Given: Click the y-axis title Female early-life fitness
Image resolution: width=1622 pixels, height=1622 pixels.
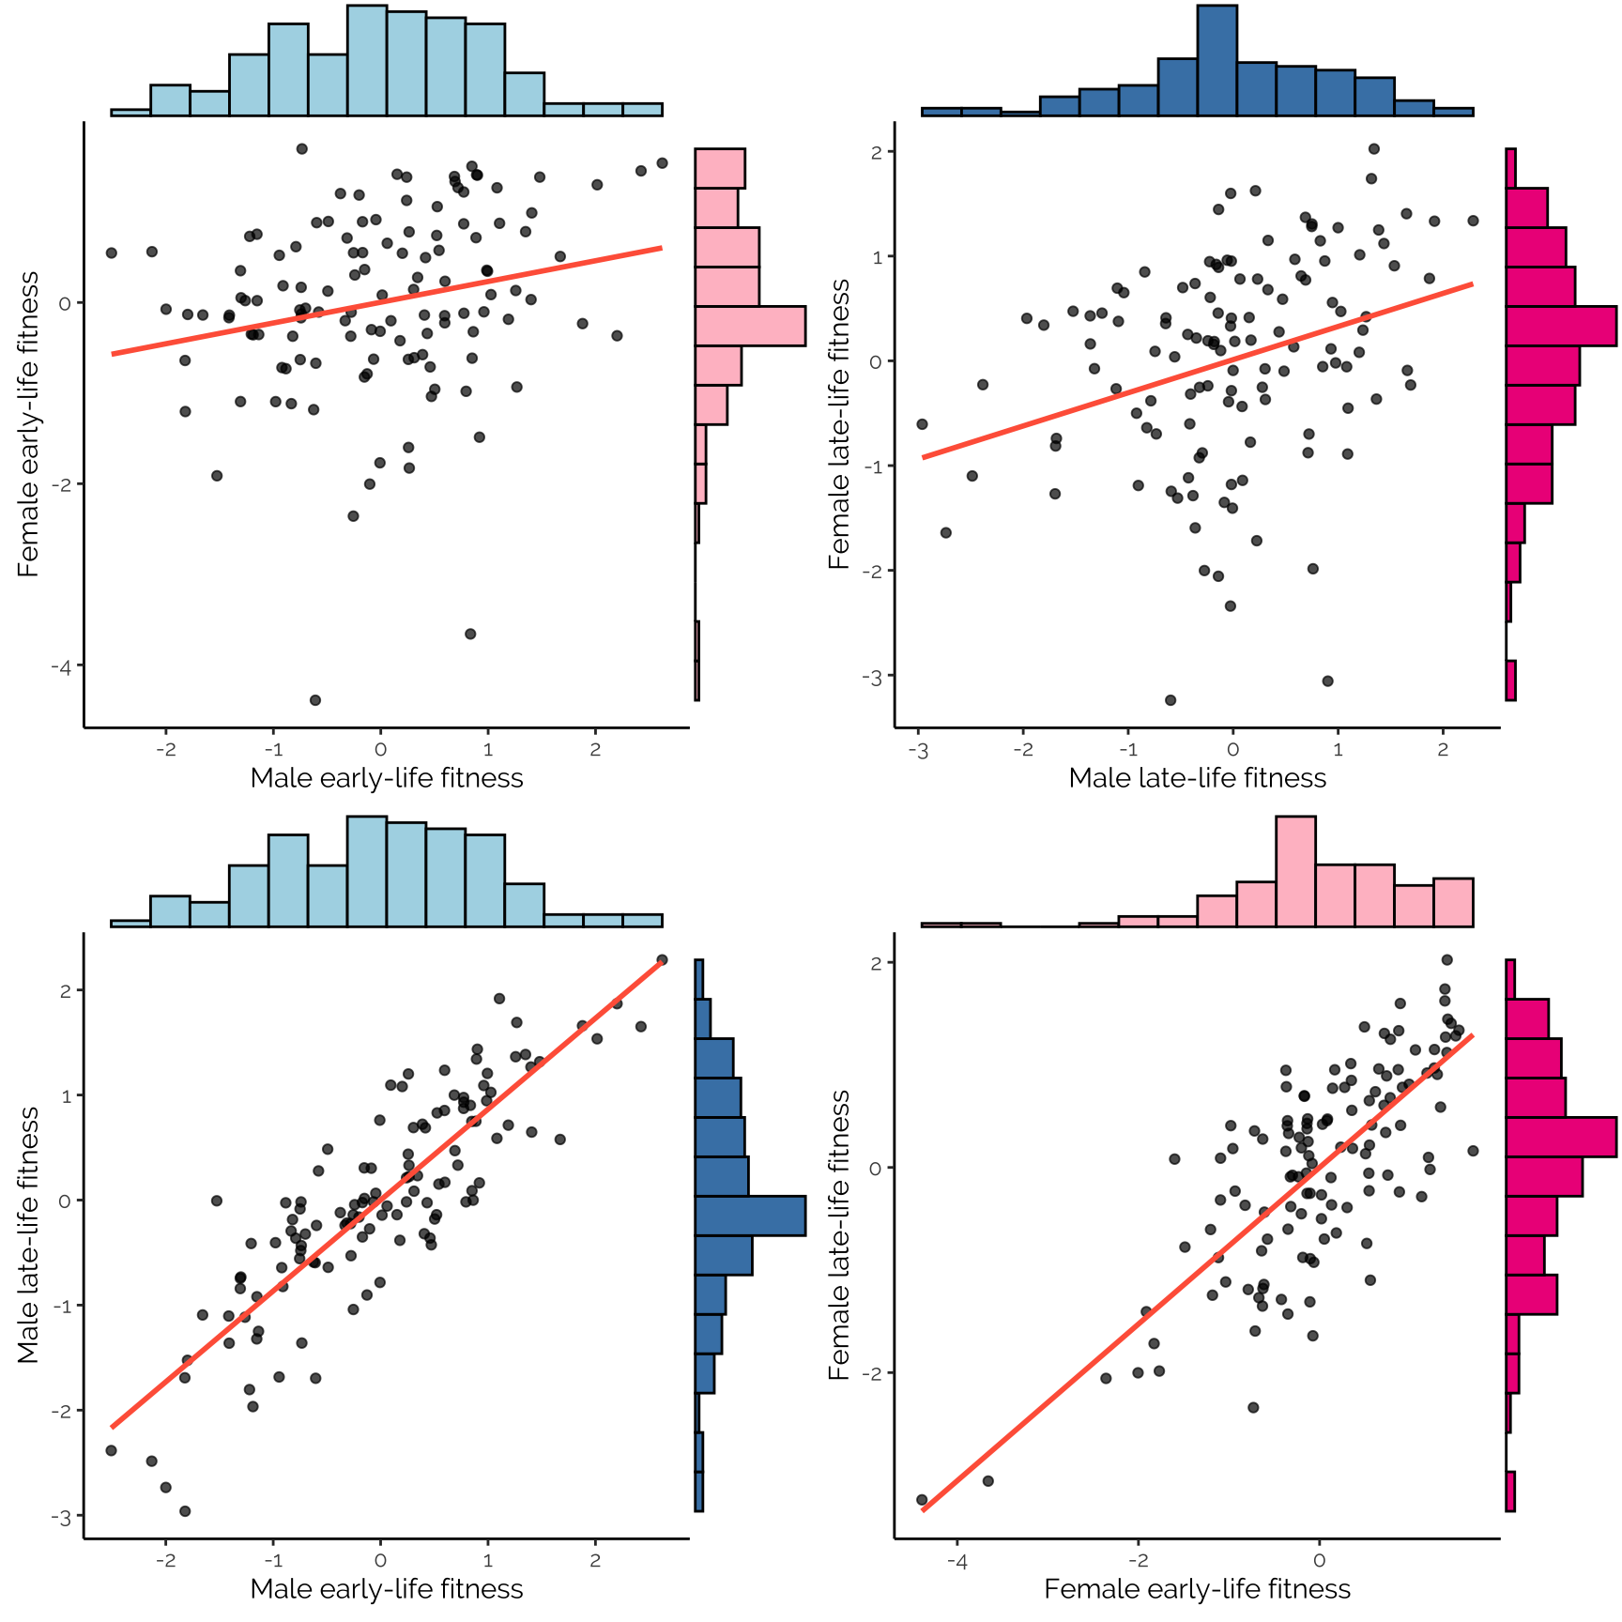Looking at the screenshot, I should [x=28, y=424].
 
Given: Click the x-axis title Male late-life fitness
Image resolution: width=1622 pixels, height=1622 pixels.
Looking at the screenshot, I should [x=1197, y=778].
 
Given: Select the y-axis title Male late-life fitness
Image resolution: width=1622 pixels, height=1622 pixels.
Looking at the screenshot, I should [x=28, y=1235].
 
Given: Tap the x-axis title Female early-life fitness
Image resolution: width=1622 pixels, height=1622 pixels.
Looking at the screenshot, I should [x=1197, y=1589].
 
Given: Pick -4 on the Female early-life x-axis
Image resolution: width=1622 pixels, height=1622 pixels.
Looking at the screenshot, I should [x=956, y=1561].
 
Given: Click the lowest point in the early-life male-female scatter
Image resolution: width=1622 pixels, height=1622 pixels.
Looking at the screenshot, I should [x=315, y=700].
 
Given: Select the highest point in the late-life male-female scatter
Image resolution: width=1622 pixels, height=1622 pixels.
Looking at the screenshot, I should [x=1374, y=148].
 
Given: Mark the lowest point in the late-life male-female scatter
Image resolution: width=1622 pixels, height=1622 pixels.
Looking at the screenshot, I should [x=1171, y=700].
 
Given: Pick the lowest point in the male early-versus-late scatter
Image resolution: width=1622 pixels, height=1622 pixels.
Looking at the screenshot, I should [x=185, y=1511].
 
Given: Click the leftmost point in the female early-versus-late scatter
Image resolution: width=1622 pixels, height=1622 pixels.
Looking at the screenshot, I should [x=922, y=1500].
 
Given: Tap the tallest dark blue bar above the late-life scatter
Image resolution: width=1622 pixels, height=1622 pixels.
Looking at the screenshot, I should [x=1216, y=61].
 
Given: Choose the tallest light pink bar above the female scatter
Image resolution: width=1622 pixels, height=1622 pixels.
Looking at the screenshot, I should [x=1295, y=871].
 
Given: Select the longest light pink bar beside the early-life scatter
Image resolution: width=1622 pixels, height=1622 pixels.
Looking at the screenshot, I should [x=750, y=326].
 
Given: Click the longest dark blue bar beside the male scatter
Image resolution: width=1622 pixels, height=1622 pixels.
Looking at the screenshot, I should [x=750, y=1216].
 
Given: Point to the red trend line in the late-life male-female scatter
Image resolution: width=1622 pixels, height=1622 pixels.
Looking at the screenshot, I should [x=1197, y=371].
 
